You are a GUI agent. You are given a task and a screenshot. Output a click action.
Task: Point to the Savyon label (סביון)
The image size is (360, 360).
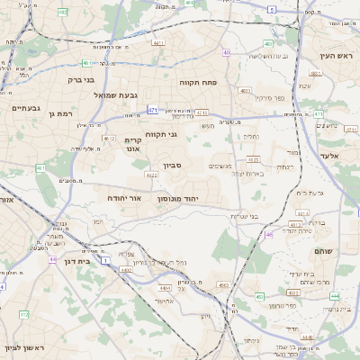(173, 167)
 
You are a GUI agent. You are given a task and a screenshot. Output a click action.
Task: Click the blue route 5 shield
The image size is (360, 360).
(272, 7)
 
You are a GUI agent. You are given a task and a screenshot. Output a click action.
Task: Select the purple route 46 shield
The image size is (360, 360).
(269, 236)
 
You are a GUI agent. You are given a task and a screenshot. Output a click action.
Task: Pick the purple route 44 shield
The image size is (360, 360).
(53, 258)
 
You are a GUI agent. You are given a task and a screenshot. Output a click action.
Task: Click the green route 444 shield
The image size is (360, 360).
(334, 295)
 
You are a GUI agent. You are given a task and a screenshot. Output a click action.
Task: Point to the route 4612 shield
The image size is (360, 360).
(109, 139)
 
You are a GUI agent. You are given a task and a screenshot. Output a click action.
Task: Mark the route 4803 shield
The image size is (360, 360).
(245, 91)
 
